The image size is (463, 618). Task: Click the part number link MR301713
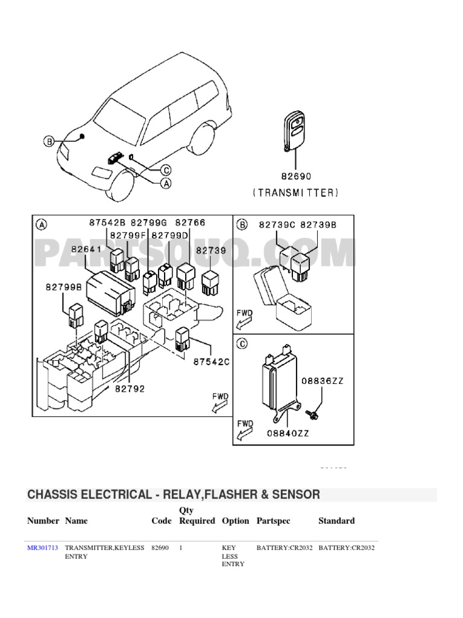[42, 548]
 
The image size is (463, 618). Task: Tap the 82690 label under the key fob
[295, 177]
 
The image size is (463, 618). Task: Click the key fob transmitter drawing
[295, 129]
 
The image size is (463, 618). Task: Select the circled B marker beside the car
[48, 142]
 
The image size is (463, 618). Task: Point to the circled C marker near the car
[166, 171]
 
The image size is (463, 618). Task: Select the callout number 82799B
[65, 288]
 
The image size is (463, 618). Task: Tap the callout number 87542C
[212, 362]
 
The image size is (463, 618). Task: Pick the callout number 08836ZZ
[323, 381]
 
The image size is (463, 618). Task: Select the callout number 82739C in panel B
[277, 225]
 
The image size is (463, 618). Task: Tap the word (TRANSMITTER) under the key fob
[295, 193]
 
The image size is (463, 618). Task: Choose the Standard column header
[336, 521]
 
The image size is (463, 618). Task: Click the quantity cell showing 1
[181, 548]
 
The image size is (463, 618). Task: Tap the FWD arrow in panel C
[245, 430]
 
